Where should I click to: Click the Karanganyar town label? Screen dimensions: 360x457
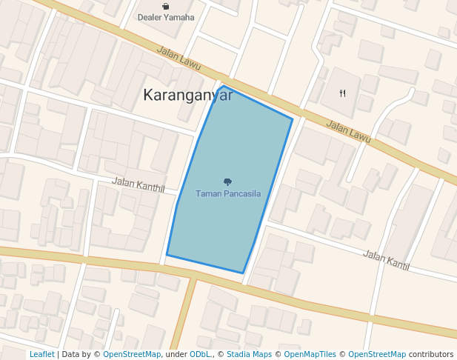coord(187,95)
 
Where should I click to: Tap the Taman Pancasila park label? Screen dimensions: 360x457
coord(228,193)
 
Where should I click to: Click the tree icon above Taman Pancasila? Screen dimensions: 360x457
coord(227,181)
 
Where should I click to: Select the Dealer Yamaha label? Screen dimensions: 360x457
coord(166,17)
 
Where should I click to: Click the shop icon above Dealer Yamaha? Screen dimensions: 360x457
coord(165,6)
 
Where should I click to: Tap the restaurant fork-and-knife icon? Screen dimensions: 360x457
coord(342,93)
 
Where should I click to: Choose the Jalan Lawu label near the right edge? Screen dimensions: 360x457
coord(348,132)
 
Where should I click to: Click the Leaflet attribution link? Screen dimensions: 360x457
coord(41,355)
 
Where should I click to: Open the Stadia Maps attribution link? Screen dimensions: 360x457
coord(249,355)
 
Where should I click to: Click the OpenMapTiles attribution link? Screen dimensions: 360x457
coord(310,355)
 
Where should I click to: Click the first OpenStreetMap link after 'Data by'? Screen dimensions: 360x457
coord(131,355)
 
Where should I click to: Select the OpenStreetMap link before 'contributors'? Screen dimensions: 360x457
coord(376,355)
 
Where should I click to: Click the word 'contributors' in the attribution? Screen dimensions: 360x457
coord(430,355)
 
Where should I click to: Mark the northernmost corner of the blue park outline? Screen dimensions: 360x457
coord(222,86)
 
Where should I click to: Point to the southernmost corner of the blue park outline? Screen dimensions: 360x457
coord(243,273)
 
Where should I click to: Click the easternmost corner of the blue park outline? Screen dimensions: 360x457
coord(293,119)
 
